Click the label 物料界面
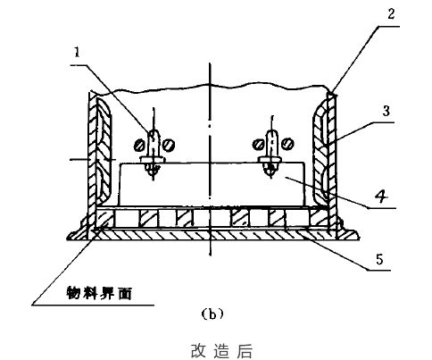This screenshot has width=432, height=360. point(98,291)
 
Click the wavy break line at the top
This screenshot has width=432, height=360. point(214,88)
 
